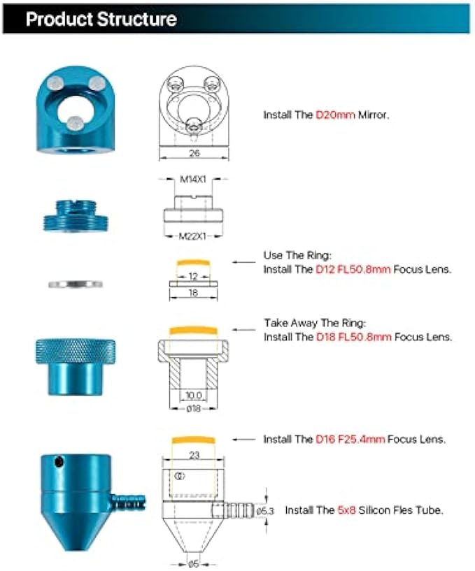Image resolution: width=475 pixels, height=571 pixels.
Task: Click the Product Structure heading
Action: coord(101,19)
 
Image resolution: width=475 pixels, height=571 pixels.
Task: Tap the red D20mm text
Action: coord(336,114)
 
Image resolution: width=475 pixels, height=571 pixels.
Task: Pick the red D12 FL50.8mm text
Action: coord(354,269)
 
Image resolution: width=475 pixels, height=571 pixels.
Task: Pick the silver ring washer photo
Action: coord(75,284)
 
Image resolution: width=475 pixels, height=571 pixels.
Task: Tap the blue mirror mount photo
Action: coord(73,112)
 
